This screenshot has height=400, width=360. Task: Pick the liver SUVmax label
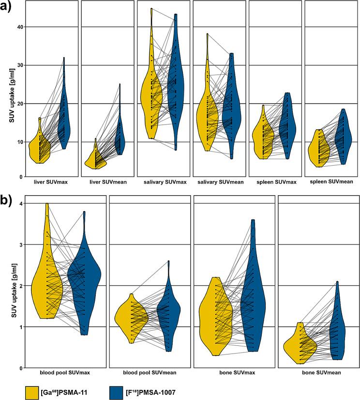pos(50,182)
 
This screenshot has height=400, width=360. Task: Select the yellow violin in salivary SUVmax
pos(151,97)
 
